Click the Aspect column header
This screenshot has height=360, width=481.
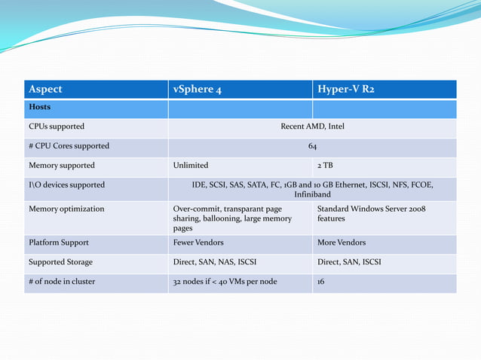point(45,90)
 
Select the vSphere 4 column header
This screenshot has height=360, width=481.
point(197,90)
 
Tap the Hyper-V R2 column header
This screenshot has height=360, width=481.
point(345,90)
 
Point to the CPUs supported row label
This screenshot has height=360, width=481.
point(57,127)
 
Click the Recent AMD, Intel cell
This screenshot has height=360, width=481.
point(312,127)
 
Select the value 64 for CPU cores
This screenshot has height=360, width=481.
point(312,146)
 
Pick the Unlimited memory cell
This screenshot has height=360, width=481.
point(191,165)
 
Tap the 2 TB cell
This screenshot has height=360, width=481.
point(325,165)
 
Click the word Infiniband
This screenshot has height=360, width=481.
point(312,194)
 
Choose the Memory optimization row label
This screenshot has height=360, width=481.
point(66,209)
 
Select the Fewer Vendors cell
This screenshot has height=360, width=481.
point(198,243)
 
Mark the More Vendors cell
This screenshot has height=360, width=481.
point(342,243)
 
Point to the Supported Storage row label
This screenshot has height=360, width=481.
point(61,262)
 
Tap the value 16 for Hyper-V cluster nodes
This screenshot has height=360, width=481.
point(322,282)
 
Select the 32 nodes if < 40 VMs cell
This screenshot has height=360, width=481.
point(225,282)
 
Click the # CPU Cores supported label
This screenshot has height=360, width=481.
point(69,146)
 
